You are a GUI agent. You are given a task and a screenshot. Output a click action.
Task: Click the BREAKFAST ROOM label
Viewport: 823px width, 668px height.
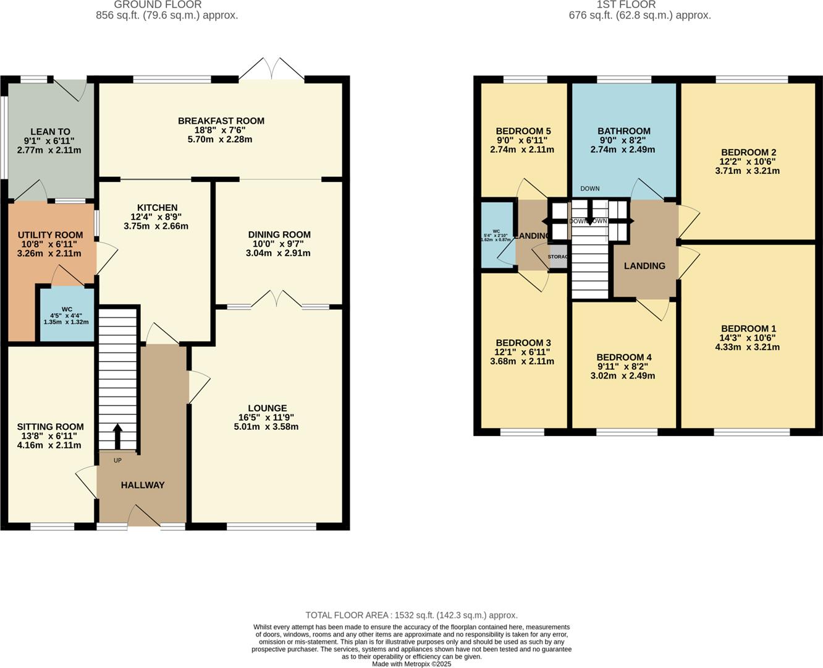(x=221, y=121)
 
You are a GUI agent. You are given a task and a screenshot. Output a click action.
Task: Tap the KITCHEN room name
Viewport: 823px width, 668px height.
(x=158, y=208)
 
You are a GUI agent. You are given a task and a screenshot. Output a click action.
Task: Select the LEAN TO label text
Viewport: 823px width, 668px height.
(x=50, y=132)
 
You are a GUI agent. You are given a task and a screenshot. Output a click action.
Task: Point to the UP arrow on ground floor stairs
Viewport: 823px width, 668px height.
(x=117, y=435)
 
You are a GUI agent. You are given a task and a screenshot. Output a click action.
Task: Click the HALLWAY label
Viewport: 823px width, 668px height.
(x=143, y=485)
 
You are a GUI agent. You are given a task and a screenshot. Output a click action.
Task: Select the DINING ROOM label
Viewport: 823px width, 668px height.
(x=279, y=234)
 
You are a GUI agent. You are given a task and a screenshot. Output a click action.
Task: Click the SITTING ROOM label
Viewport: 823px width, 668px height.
(x=50, y=427)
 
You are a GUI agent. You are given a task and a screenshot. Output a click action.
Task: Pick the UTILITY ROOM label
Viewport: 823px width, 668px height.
(x=50, y=235)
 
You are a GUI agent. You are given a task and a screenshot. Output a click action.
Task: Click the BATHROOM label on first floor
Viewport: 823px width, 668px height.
(x=623, y=131)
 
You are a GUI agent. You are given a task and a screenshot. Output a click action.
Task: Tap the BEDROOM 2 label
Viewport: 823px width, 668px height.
(x=748, y=152)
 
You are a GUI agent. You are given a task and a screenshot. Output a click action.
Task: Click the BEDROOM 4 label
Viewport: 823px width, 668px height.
(x=623, y=357)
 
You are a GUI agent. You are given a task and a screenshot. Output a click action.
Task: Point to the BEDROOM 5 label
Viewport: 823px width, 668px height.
(x=523, y=131)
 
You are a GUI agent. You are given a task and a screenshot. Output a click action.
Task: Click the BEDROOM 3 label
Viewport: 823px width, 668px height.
(x=523, y=343)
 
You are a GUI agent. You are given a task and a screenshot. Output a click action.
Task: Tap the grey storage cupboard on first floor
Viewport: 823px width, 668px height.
(x=558, y=257)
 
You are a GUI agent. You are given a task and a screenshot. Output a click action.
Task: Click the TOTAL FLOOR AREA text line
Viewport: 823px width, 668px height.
(x=411, y=615)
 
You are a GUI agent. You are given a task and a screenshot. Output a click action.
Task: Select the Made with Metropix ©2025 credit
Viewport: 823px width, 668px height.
(x=411, y=664)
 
